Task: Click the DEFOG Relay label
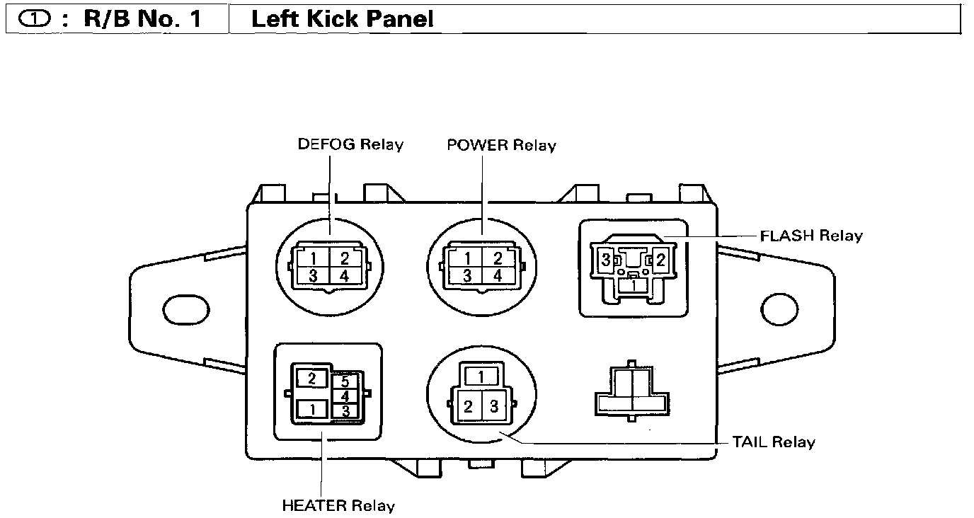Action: coord(350,144)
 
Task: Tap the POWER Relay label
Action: coord(501,145)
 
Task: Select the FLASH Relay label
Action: coord(810,235)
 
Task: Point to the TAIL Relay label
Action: coord(773,442)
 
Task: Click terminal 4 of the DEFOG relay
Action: coord(343,275)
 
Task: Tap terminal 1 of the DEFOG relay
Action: coord(312,259)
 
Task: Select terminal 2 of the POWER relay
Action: coord(497,259)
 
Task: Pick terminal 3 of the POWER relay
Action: coord(466,275)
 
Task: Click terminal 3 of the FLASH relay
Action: coord(606,260)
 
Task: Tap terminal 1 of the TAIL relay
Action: coord(481,376)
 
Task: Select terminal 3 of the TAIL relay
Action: coord(495,406)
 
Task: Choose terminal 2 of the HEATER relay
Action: coord(312,379)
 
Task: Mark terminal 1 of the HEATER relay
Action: coord(312,408)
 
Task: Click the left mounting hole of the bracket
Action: coord(186,309)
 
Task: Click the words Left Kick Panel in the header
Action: coord(343,19)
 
